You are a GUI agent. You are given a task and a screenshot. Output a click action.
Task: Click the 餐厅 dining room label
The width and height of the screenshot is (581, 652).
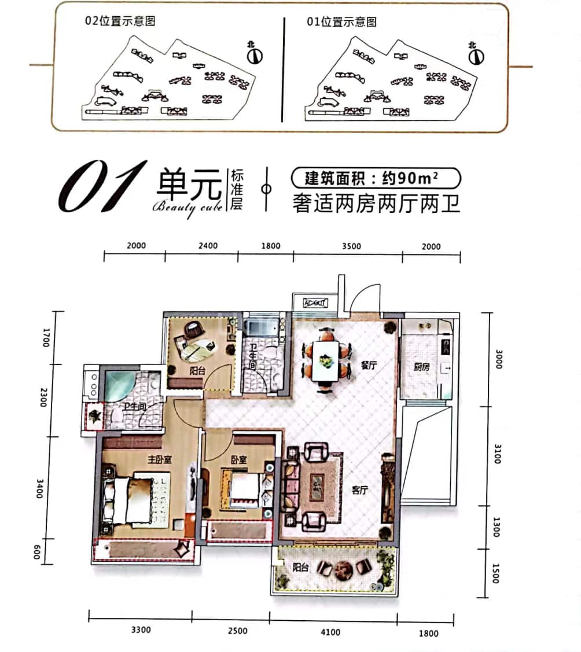click(368, 366)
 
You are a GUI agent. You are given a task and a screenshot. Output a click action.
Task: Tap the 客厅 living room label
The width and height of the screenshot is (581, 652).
click(359, 491)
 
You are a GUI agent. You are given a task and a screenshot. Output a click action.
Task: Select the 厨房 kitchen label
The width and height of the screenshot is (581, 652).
click(422, 367)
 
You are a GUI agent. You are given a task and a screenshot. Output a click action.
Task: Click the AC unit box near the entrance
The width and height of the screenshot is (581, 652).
click(315, 302)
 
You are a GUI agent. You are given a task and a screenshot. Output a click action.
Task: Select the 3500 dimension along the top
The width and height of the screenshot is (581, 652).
click(351, 246)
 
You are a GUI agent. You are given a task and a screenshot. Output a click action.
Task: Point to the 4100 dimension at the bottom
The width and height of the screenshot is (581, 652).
click(330, 632)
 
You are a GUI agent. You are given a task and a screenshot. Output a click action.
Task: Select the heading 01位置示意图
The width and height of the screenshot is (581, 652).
click(341, 22)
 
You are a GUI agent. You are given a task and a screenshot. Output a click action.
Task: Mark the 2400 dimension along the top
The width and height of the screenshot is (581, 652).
click(208, 246)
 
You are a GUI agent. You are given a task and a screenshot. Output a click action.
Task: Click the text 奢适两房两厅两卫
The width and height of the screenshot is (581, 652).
click(376, 204)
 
